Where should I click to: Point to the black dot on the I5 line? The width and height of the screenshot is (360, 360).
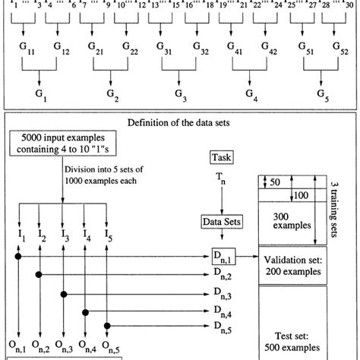[108, 327]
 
